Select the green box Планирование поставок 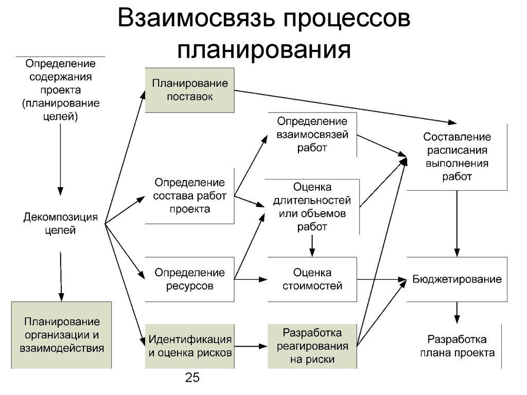(x=189, y=90)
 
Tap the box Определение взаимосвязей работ (x=312, y=134)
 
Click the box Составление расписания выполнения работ (x=457, y=157)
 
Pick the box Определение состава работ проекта (x=189, y=196)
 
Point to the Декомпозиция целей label (x=60, y=224)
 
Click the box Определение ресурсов (x=189, y=279)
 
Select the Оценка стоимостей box (x=312, y=279)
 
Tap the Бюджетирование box (x=457, y=279)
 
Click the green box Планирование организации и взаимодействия (x=61, y=335)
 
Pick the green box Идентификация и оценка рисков (x=189, y=346)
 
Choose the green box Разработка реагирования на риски (x=312, y=346)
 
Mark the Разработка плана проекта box (x=457, y=346)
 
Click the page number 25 (x=192, y=379)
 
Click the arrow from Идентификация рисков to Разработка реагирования (x=251, y=346)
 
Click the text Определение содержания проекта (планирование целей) (x=60, y=90)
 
